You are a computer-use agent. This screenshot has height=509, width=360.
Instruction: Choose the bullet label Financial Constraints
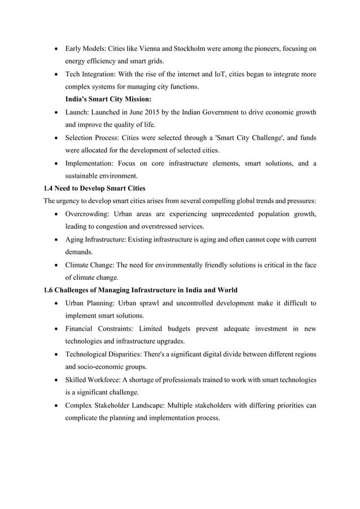pos(98,328)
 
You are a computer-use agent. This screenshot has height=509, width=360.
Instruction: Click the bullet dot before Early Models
pos(56,50)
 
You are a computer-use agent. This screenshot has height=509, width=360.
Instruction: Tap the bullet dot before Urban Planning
pos(56,304)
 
